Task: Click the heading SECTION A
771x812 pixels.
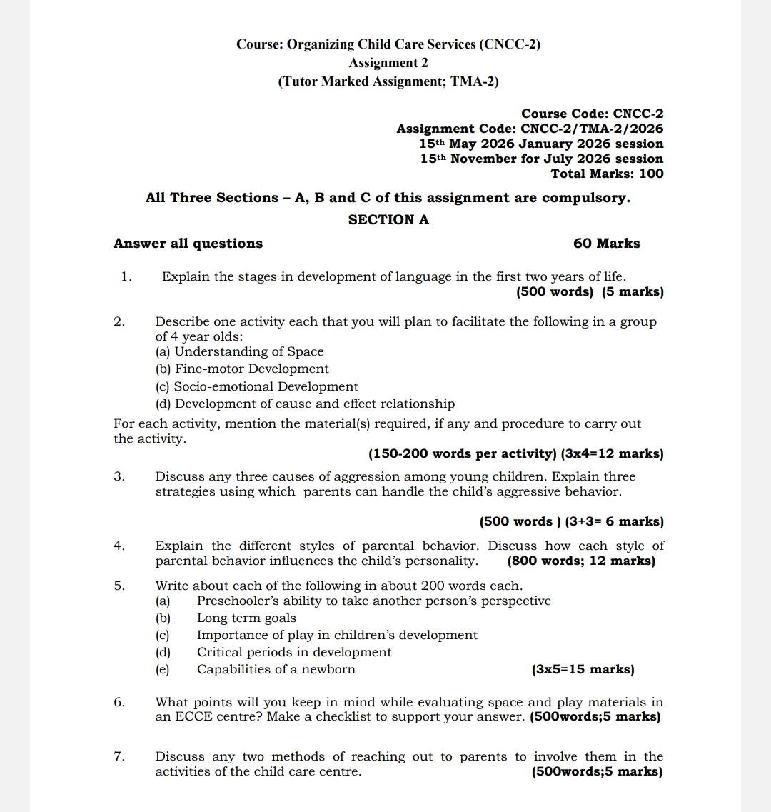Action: click(x=388, y=220)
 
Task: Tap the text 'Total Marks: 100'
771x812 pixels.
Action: click(x=607, y=174)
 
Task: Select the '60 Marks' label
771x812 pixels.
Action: click(x=606, y=244)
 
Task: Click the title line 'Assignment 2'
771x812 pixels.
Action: click(x=388, y=63)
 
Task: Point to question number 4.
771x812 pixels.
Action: click(x=119, y=546)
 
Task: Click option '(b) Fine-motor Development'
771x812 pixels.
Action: click(x=242, y=369)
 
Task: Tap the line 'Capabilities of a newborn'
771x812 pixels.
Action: click(x=276, y=669)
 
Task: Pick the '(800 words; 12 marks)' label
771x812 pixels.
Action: click(x=580, y=561)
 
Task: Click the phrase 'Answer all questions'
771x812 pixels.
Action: click(x=188, y=244)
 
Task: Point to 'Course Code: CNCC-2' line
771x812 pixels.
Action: click(x=592, y=114)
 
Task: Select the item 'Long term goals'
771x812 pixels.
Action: click(x=246, y=618)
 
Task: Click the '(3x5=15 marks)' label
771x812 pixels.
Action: click(x=583, y=669)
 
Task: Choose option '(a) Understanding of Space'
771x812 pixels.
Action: click(x=239, y=351)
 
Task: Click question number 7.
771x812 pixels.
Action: click(x=119, y=756)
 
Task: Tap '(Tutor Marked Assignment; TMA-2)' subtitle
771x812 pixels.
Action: click(x=388, y=81)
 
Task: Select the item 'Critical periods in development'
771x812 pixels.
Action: click(x=294, y=652)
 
